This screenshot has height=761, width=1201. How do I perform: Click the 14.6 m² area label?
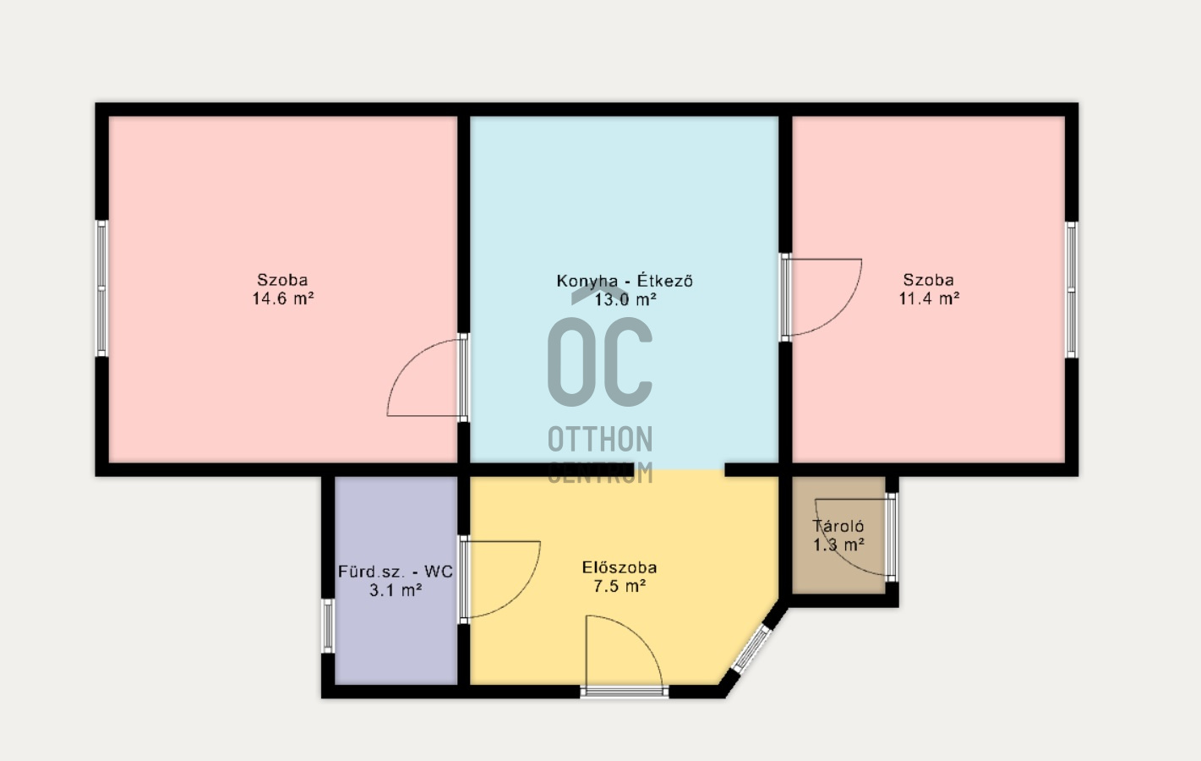(x=283, y=298)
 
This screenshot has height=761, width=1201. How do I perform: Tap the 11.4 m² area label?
(x=929, y=298)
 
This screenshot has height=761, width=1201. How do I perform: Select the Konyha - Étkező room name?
(x=625, y=281)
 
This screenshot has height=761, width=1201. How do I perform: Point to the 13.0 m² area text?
(x=625, y=299)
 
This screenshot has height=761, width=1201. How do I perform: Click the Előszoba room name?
(x=620, y=567)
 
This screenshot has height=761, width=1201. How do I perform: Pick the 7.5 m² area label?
(x=620, y=586)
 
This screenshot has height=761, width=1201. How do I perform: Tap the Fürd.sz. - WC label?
(x=396, y=571)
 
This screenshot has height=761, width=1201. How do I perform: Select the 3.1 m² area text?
(x=396, y=590)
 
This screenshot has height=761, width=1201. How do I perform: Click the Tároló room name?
(x=838, y=526)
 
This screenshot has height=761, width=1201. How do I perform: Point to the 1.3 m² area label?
(x=838, y=545)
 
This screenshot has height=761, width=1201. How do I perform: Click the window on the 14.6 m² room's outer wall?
(x=102, y=288)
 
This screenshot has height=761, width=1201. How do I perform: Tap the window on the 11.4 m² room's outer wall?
(x=1071, y=290)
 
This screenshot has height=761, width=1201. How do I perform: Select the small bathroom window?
(x=328, y=626)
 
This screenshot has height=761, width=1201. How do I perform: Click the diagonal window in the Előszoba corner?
(x=752, y=649)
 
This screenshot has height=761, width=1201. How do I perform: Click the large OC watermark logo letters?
(x=600, y=362)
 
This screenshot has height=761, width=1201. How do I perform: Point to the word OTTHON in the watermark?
(x=600, y=439)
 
